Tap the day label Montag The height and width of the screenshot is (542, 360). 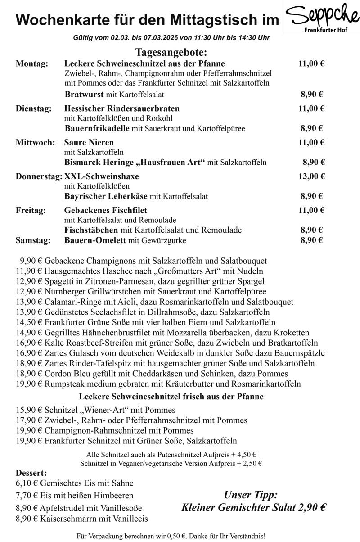point(32,64)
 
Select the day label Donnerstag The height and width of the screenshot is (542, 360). point(39,176)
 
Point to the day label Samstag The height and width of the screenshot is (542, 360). point(33,240)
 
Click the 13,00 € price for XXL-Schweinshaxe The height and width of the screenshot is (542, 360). point(311,176)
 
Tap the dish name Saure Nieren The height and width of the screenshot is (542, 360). point(89,143)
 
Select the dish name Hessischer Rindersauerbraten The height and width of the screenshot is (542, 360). point(122,108)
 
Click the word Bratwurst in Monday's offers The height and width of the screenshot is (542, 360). point(84,95)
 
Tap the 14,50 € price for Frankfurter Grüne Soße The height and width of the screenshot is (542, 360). point(28,322)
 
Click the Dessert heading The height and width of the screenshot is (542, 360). point(31,473)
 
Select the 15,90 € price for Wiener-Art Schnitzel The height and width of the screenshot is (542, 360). point(28,410)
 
